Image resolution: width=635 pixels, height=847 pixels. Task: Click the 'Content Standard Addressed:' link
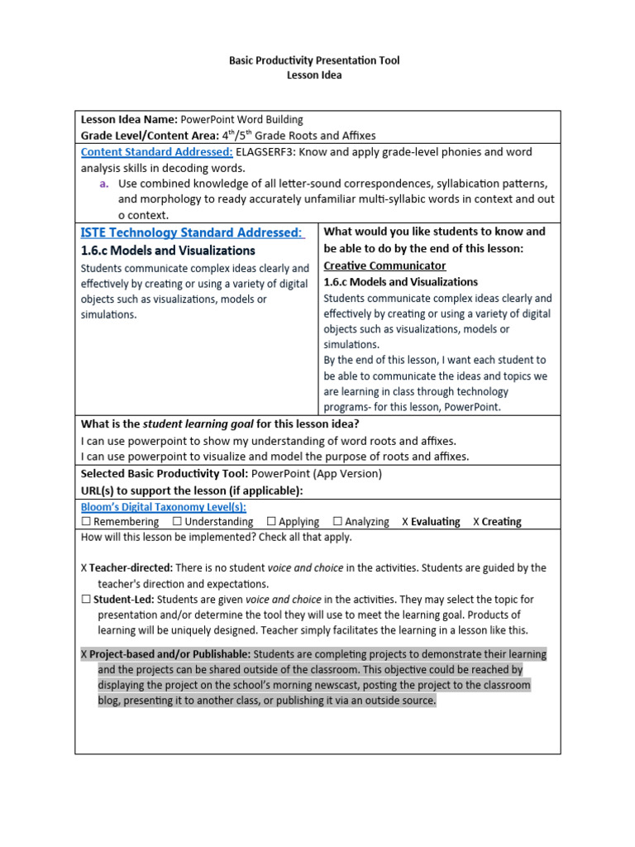(x=156, y=152)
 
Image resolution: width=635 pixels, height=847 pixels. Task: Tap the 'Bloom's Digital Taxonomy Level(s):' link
(x=163, y=507)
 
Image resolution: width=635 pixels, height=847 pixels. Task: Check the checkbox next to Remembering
(x=86, y=522)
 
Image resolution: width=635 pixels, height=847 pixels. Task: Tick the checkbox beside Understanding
(x=177, y=522)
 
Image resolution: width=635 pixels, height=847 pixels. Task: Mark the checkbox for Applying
(x=271, y=522)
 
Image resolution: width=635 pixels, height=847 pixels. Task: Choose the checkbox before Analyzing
(x=337, y=522)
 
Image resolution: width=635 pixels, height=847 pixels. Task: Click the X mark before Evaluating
(x=405, y=522)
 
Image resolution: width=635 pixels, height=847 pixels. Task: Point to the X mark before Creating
(x=476, y=522)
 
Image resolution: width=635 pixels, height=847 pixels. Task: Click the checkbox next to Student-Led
(x=86, y=600)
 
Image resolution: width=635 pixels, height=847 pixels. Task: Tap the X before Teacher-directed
(x=84, y=568)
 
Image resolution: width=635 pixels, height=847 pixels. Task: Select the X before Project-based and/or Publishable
(x=84, y=654)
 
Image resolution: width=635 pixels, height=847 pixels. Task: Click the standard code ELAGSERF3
(x=269, y=152)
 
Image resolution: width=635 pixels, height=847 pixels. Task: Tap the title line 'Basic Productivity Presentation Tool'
(x=313, y=61)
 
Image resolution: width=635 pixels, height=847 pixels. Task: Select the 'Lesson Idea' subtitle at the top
(x=313, y=75)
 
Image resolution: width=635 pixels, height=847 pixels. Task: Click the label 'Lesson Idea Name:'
(x=128, y=120)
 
